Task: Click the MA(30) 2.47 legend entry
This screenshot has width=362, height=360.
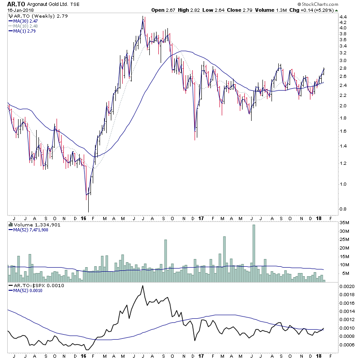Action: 24,21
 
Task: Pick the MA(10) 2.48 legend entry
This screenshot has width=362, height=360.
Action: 24,26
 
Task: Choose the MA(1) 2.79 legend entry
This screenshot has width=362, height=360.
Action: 23,31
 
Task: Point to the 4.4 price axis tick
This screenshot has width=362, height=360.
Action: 343,17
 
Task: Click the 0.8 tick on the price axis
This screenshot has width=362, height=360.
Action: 343,209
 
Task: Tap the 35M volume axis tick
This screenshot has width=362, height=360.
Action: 345,222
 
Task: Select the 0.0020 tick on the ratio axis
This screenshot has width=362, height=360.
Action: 347,287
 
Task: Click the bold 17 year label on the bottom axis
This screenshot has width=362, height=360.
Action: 200,218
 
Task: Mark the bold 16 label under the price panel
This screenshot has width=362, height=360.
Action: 84,218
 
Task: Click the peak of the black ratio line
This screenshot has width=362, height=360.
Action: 143,286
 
